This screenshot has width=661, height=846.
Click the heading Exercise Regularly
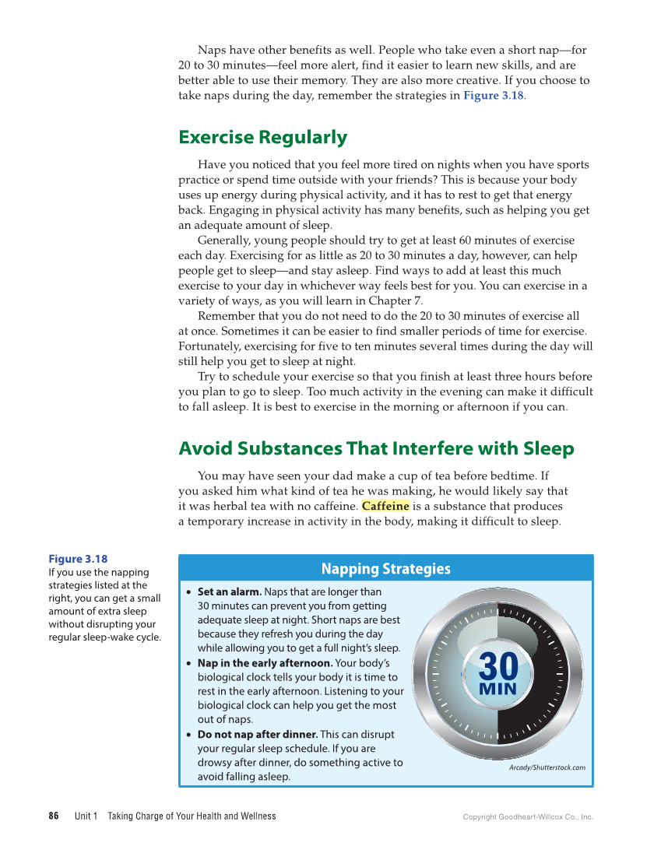262,138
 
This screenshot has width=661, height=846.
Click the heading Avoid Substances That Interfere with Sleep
376,449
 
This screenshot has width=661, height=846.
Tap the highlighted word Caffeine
385,506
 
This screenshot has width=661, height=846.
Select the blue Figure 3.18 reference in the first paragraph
493,96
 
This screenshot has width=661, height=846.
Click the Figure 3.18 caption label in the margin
78,559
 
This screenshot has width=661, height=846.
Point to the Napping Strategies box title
385,569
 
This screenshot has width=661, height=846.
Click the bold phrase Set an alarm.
229,591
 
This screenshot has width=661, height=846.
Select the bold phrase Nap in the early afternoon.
265,663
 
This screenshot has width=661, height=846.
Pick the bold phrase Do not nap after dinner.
257,734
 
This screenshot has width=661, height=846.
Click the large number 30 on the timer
498,666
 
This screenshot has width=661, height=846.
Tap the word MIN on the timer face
498,690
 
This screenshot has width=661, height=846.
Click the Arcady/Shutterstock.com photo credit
547,767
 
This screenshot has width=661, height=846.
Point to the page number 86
54,816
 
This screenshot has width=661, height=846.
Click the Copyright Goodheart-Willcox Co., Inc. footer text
528,817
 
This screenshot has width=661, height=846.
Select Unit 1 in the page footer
86,816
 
